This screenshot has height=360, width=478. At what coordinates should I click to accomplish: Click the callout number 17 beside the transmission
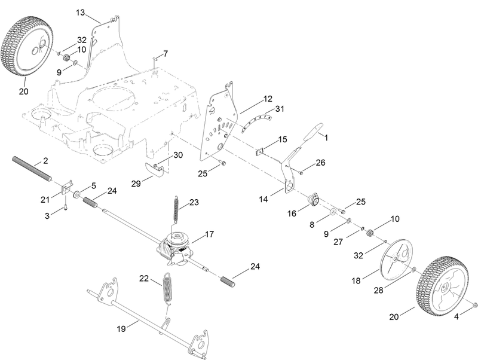(x=210, y=234)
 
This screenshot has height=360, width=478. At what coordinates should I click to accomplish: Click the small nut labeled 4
(x=474, y=306)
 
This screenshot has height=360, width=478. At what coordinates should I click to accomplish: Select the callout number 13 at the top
(x=81, y=12)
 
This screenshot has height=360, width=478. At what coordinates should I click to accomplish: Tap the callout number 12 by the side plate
(x=267, y=98)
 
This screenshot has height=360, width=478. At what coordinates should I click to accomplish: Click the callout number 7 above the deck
(x=166, y=53)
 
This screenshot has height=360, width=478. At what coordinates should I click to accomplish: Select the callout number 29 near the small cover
(x=136, y=184)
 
